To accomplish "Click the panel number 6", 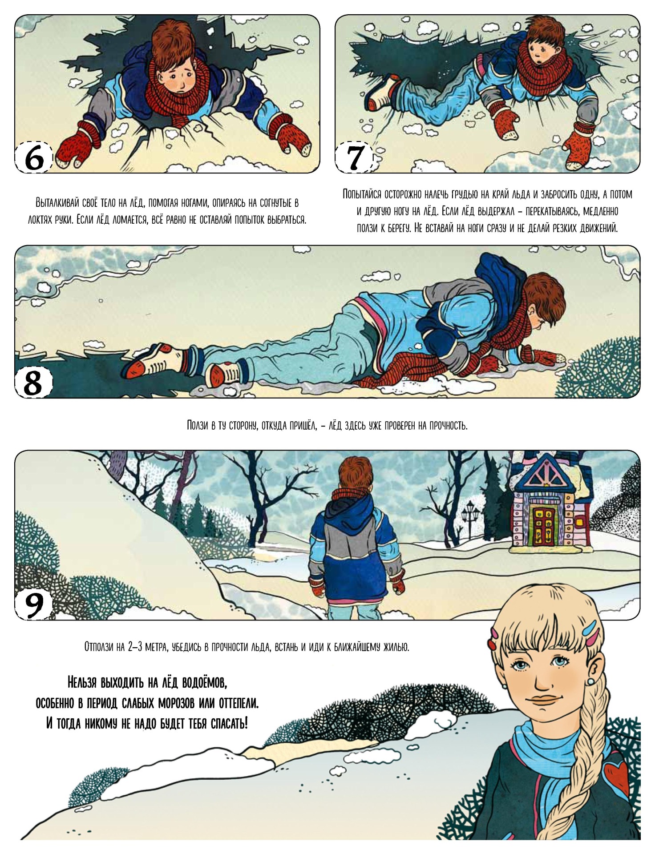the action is point(34,157).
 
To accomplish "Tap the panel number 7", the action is point(354,157).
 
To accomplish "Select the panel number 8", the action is point(33,382).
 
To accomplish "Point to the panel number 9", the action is point(33,603).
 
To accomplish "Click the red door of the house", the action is point(543,527).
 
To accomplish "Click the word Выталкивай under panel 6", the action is point(58,203).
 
